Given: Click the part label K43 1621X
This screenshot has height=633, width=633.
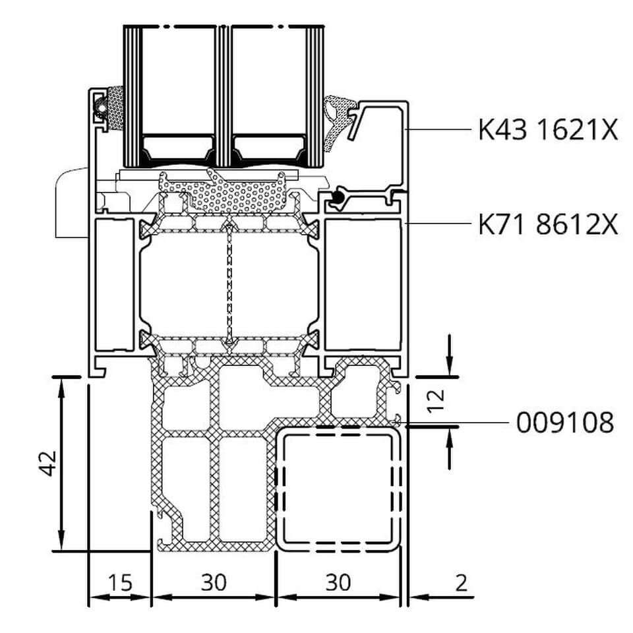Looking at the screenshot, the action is (548, 130).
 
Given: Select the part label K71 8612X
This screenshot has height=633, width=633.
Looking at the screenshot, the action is (548, 224).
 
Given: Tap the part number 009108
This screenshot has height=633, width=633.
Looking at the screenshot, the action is (565, 423).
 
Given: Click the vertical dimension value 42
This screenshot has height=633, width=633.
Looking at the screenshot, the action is (49, 463).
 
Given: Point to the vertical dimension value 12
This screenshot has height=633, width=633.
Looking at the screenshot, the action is (436, 401).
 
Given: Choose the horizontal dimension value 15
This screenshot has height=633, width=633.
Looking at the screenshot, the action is (120, 582).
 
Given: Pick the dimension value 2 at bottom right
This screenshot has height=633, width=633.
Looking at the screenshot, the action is (461, 582).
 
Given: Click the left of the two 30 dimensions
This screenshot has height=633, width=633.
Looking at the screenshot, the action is (214, 582).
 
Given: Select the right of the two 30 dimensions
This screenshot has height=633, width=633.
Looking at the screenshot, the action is (338, 582).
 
